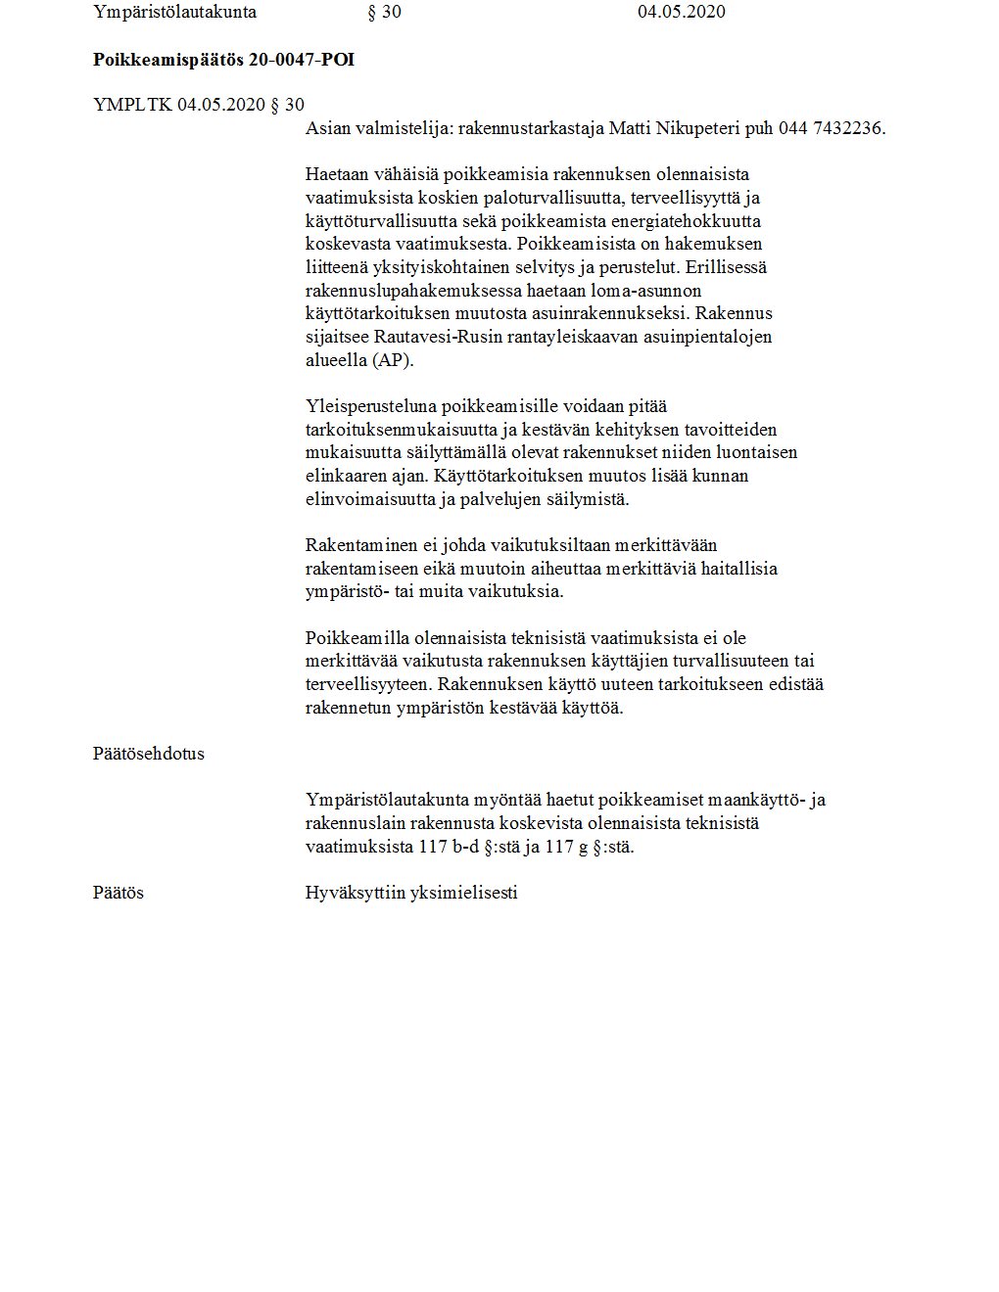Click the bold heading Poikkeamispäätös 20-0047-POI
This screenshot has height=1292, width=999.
click(223, 60)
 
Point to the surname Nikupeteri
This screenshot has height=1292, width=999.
click(698, 128)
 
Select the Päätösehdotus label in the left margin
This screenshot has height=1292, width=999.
click(149, 754)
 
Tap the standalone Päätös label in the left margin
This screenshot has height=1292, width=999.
click(119, 893)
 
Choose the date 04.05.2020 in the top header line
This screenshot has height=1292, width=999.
click(681, 12)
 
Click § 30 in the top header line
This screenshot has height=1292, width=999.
click(383, 12)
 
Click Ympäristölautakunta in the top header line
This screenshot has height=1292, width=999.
click(174, 12)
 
